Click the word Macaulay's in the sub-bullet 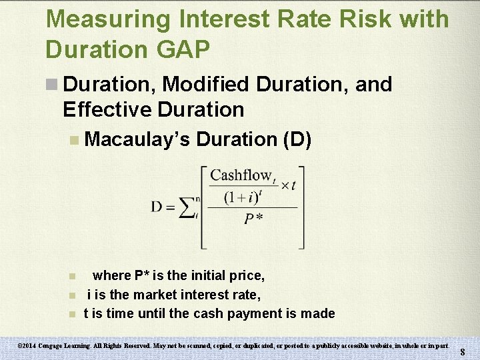(x=137, y=139)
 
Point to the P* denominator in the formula (x=253, y=219)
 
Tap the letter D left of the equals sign (x=157, y=207)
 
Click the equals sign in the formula (x=171, y=207)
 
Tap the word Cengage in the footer (x=59, y=346)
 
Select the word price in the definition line (x=247, y=275)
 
